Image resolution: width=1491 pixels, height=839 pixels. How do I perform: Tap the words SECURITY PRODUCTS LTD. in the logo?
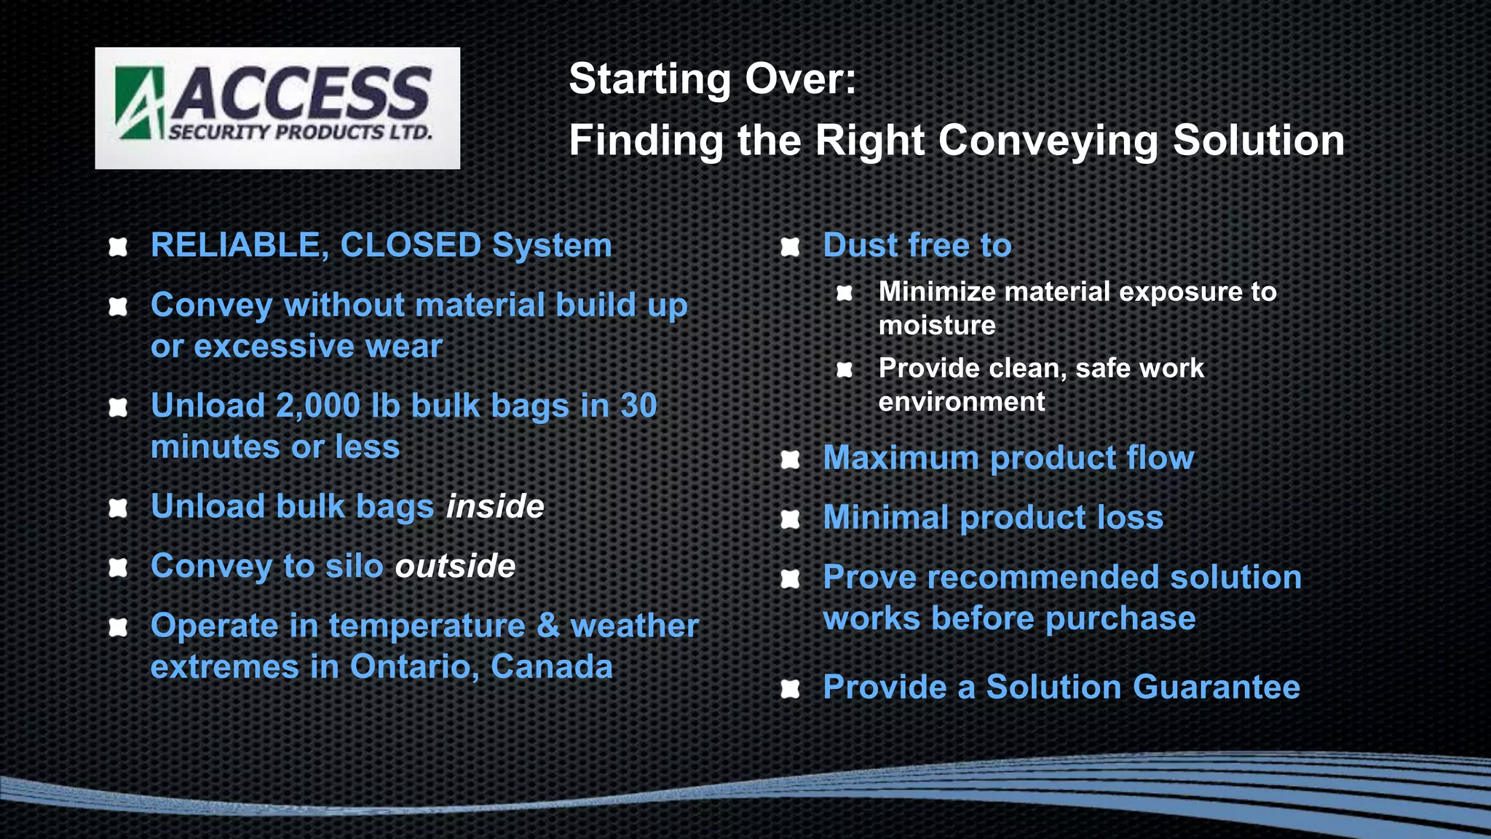pos(301,133)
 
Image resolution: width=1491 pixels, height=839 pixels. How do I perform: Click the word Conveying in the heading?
pos(1048,141)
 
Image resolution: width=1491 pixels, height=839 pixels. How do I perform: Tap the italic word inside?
pos(495,506)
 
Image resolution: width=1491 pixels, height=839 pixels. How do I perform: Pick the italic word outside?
pos(455,566)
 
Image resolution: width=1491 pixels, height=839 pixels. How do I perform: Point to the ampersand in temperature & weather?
pos(547,626)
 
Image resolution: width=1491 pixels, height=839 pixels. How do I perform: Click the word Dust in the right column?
pos(860,245)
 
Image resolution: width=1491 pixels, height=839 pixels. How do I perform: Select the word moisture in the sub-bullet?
pos(937,326)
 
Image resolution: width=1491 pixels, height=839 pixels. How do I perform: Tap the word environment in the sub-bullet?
pos(961,402)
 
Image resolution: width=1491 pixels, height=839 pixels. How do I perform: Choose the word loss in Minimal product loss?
pos(1130,518)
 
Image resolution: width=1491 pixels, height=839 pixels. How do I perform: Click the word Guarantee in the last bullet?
pos(1215,687)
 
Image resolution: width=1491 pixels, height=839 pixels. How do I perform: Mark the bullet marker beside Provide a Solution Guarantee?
pos(790,688)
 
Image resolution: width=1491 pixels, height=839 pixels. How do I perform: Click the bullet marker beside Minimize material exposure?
pos(845,293)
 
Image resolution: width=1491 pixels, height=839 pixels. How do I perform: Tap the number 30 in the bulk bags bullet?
pos(638,406)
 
